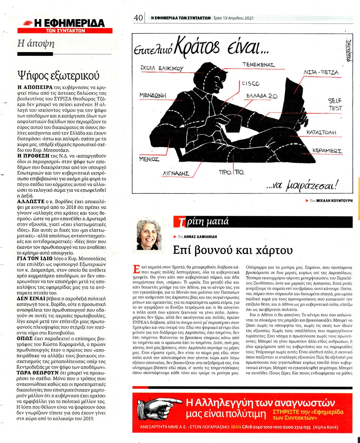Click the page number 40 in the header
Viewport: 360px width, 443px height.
point(138,18)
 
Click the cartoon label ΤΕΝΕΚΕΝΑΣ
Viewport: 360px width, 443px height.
point(258,65)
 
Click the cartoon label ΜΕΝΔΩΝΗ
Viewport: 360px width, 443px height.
point(153,95)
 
